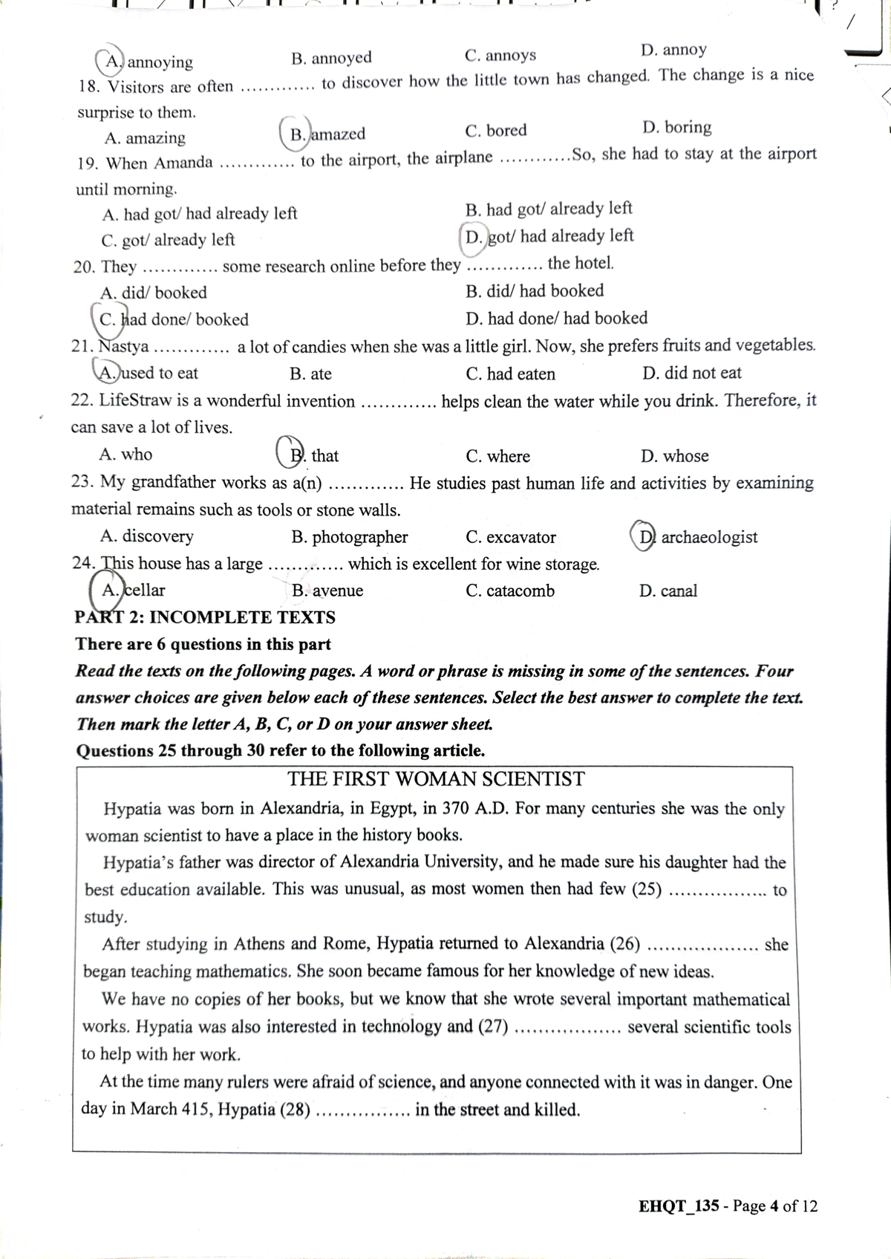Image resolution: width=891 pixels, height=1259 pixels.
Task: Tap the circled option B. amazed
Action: tap(324, 134)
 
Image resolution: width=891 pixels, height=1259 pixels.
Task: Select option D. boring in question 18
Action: tap(676, 127)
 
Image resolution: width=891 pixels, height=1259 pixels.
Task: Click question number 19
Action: tap(88, 163)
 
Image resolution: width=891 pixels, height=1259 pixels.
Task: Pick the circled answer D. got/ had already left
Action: tap(548, 236)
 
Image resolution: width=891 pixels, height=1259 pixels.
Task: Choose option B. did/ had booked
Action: tap(535, 291)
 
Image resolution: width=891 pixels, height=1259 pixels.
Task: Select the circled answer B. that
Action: tap(310, 455)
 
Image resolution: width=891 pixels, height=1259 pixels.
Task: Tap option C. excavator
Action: tap(511, 537)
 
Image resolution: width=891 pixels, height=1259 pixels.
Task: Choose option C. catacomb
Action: tap(510, 591)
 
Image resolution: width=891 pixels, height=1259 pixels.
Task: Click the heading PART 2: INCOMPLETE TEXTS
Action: tap(205, 617)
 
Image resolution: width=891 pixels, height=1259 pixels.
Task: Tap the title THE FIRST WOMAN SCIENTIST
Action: tap(436, 779)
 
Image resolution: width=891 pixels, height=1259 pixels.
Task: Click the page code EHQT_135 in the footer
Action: tap(678, 1206)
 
